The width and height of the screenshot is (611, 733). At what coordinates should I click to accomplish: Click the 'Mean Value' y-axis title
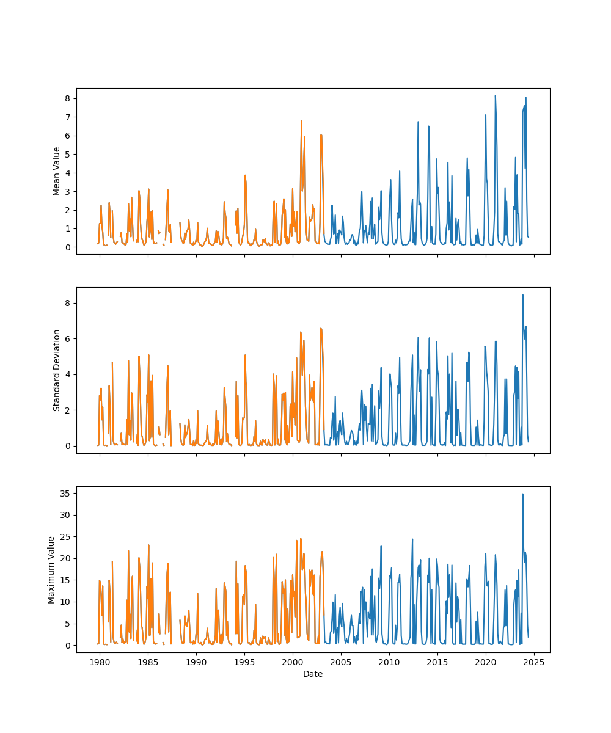click(57, 171)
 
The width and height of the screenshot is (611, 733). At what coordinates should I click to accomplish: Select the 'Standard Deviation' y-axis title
click(57, 370)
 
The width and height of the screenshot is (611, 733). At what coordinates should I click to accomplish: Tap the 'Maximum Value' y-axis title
click(52, 569)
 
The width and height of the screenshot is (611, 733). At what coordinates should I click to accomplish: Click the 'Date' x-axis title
click(313, 674)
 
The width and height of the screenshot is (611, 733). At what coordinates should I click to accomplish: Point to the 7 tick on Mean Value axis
click(68, 117)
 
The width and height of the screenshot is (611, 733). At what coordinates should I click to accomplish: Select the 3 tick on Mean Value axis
click(68, 191)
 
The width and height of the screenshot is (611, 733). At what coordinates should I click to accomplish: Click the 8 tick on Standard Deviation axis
click(68, 303)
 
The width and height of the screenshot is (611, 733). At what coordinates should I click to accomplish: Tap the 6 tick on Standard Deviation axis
click(68, 338)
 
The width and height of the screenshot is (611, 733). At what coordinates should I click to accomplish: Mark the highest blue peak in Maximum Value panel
click(522, 494)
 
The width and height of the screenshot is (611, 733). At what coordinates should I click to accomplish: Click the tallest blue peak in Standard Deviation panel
click(522, 295)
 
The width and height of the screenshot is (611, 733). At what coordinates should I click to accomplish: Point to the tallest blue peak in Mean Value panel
click(495, 96)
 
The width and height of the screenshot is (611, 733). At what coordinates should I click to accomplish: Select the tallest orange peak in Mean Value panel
click(301, 121)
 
